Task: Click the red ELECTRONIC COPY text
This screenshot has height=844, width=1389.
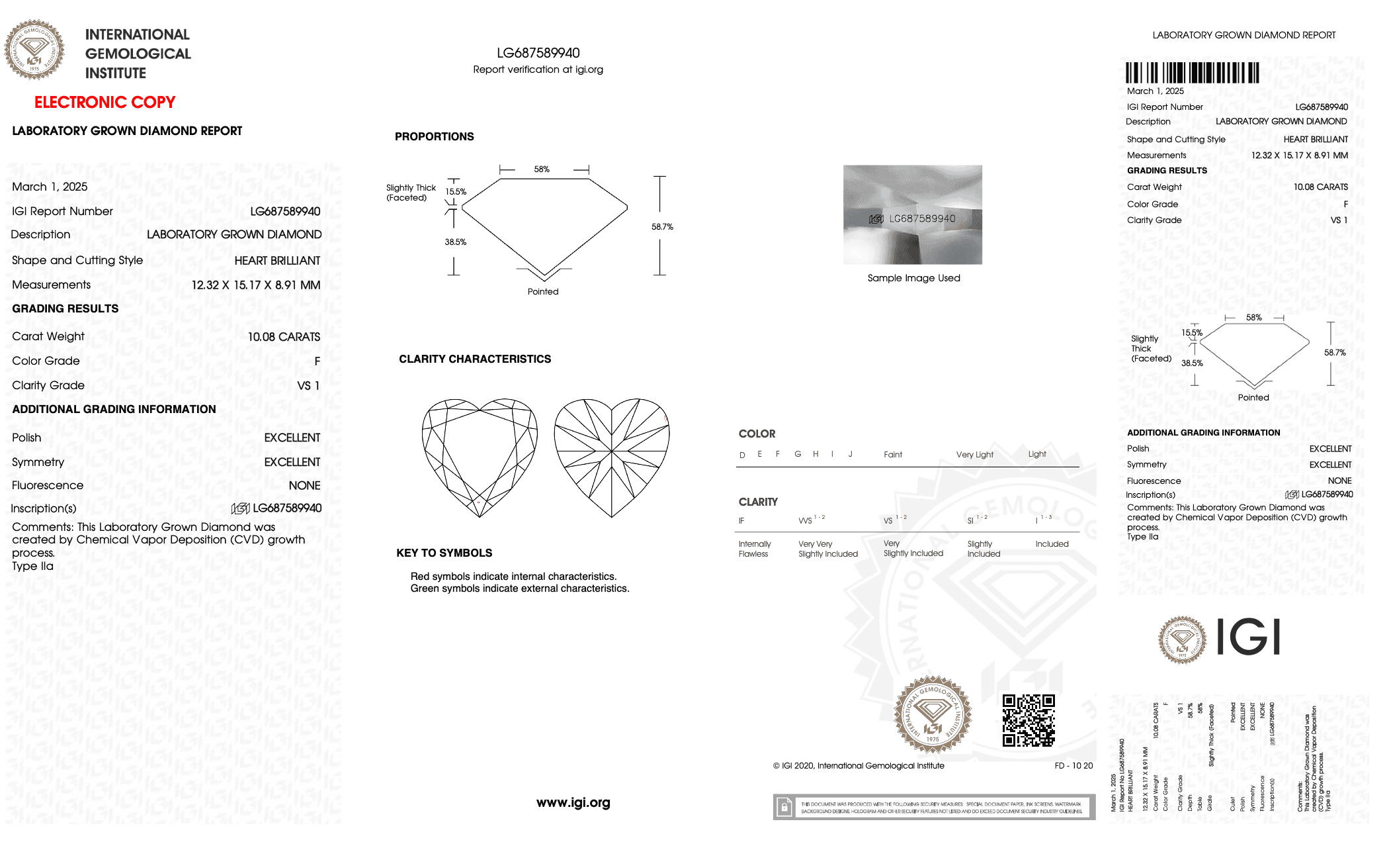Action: tap(105, 103)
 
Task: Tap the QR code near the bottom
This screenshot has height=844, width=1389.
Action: tap(1028, 720)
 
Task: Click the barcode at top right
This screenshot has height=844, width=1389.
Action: tap(1192, 72)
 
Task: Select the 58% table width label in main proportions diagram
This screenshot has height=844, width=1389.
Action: tap(542, 169)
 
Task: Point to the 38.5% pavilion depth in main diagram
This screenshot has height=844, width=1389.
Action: tap(455, 242)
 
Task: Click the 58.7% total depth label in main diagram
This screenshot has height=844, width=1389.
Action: tap(661, 227)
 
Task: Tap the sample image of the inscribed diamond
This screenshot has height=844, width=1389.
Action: tap(912, 214)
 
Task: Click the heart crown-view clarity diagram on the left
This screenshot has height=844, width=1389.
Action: tap(480, 457)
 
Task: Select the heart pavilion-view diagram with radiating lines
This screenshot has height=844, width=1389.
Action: tap(612, 457)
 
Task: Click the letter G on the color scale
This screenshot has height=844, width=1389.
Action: tap(798, 454)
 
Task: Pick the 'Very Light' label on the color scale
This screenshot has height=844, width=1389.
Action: tap(974, 455)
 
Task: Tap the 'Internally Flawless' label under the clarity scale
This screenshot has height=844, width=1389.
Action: tap(754, 549)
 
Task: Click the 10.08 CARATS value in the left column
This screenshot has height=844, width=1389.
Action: tap(284, 337)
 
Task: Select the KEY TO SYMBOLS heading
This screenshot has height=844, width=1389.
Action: tap(444, 553)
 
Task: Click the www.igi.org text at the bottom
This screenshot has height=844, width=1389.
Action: tap(573, 803)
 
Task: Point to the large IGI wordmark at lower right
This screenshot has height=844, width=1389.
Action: tap(1248, 637)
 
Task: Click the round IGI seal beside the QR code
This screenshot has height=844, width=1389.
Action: tap(933, 715)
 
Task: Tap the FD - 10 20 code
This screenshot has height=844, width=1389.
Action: tap(1073, 766)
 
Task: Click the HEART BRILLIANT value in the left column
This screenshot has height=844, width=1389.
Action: tap(277, 261)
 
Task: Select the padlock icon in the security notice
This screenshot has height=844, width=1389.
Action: tap(784, 807)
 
